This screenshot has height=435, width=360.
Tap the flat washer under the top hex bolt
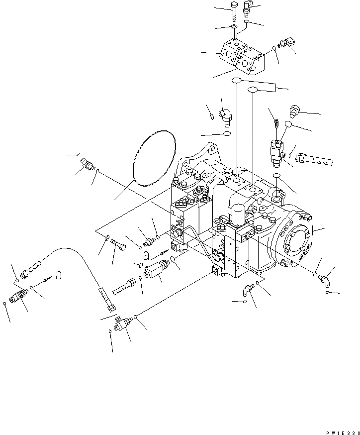tap(233, 26)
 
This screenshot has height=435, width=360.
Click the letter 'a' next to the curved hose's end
tap(59, 276)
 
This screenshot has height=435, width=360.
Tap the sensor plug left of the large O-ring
tap(87, 164)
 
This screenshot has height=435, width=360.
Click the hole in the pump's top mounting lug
tap(213, 149)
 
